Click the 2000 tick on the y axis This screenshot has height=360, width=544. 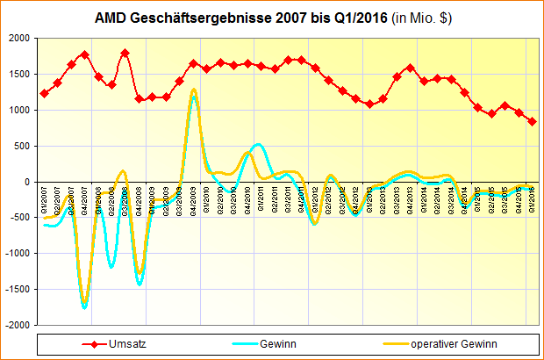pos(18,39)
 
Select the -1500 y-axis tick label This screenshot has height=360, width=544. pos(16,289)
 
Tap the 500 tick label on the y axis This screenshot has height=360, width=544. pos(21,146)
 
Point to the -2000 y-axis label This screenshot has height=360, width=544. pos(16,325)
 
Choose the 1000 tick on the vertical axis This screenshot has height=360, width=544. pos(18,111)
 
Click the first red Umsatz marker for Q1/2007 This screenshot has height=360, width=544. pos(44,93)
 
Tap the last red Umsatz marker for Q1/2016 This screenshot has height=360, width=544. pos(532,122)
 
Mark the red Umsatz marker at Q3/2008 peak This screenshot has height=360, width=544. pos(125,53)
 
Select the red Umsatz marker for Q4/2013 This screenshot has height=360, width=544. pos(410,68)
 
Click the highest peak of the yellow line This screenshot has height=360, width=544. pos(193,90)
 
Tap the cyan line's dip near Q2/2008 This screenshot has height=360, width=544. pos(111,267)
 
